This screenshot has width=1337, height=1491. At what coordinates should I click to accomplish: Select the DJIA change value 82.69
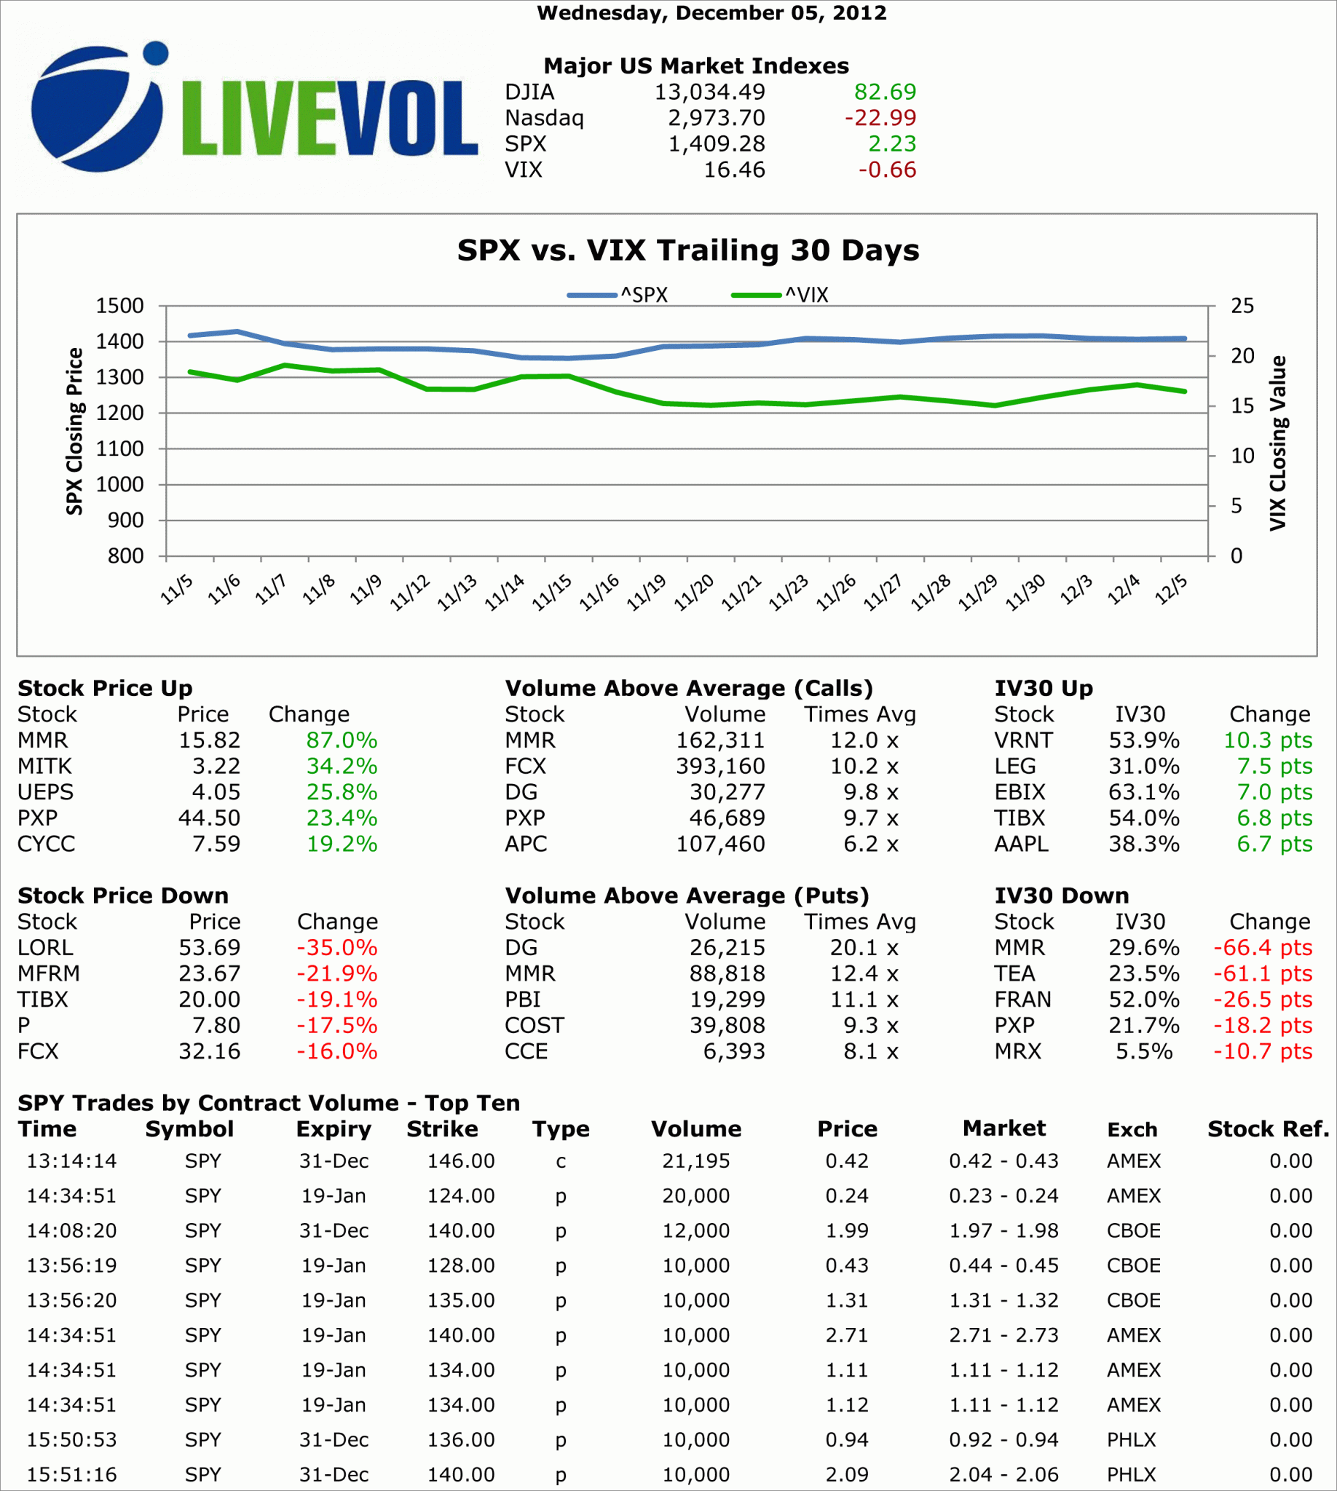tap(885, 92)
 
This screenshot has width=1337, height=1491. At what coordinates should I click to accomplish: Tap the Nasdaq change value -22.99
tap(880, 117)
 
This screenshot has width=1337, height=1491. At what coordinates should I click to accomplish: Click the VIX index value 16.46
tap(734, 170)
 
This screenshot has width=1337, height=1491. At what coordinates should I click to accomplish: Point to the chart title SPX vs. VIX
tap(687, 250)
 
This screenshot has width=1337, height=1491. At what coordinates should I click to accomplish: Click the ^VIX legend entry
tap(780, 296)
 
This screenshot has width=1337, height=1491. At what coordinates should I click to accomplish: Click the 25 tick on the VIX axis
tap(1242, 306)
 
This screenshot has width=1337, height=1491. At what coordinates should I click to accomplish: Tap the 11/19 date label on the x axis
tap(647, 591)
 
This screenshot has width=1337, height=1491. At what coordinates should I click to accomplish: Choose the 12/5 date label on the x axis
tap(1170, 589)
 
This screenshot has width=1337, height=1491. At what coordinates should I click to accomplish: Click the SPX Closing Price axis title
tap(74, 431)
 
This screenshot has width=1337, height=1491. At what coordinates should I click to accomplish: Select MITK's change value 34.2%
tap(342, 766)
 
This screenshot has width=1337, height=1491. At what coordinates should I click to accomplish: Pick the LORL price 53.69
tap(210, 947)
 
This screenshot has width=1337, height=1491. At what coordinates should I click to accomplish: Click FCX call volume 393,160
tap(720, 766)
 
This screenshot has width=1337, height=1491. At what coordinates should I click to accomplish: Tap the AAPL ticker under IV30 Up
tap(1021, 844)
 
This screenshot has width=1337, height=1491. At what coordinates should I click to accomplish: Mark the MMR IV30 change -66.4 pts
tap(1262, 947)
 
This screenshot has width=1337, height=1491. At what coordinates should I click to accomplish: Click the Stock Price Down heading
tap(122, 895)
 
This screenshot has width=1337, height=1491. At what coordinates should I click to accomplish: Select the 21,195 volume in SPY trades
tap(695, 1161)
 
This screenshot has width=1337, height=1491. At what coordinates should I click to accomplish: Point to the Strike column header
tap(442, 1129)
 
